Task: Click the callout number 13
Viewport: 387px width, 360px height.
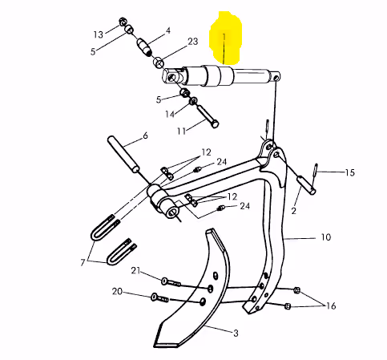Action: [x=99, y=34]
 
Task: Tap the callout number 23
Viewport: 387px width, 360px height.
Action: [x=192, y=42]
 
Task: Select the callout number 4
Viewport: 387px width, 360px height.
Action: [x=168, y=30]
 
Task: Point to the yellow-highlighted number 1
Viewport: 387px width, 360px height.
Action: [x=224, y=38]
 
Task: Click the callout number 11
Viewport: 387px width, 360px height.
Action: [x=181, y=131]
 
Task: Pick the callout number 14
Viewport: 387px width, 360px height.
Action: [x=170, y=115]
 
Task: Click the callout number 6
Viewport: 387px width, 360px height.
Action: [x=145, y=136]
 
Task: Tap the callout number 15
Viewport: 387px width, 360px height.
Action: [x=349, y=172]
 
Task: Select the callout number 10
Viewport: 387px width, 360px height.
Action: [x=325, y=237]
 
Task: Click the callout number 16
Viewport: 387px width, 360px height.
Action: [x=331, y=305]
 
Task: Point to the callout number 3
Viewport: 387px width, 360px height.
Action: [x=236, y=334]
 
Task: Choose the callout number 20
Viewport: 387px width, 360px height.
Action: [x=117, y=291]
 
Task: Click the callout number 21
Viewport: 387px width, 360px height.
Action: [x=135, y=270]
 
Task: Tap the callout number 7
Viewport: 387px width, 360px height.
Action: [x=83, y=262]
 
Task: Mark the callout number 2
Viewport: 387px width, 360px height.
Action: [x=294, y=211]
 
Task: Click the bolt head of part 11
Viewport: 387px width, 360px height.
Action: [x=215, y=124]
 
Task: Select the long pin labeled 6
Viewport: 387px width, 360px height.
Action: [x=123, y=154]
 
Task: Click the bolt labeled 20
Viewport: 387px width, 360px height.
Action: [x=159, y=298]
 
